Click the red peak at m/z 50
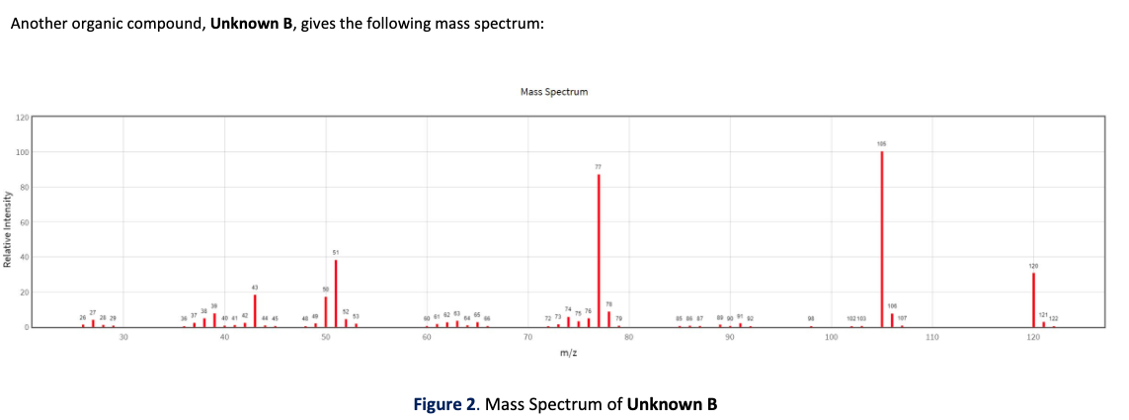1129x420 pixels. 326,311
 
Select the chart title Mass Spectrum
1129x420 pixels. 553,92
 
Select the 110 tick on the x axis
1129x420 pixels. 931,338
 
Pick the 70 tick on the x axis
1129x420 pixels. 527,338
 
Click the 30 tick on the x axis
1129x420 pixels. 123,338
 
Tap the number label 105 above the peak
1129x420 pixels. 882,144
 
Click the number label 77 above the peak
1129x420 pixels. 599,167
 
